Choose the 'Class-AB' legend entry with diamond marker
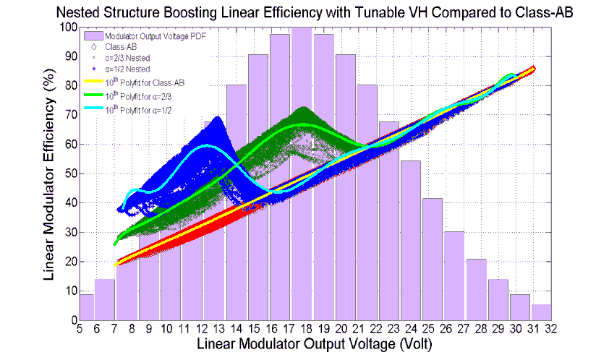(131, 47)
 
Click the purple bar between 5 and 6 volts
(87, 307)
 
